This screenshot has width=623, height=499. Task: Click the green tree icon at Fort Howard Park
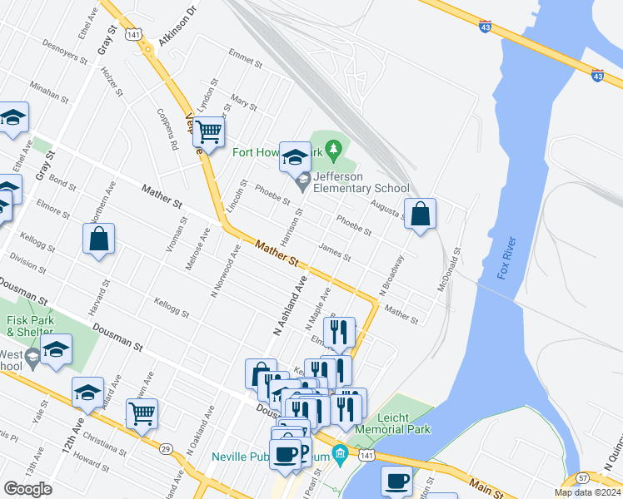[x=334, y=150]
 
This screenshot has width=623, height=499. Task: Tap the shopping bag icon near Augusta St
[x=421, y=214]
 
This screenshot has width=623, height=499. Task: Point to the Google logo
[x=28, y=489]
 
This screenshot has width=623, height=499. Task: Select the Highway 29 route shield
[x=166, y=449]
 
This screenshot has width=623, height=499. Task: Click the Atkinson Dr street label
[x=181, y=12]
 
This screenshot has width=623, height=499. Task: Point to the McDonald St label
[x=450, y=269]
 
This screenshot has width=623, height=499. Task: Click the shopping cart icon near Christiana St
[x=142, y=413]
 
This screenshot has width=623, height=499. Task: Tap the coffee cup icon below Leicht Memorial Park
[x=396, y=481]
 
